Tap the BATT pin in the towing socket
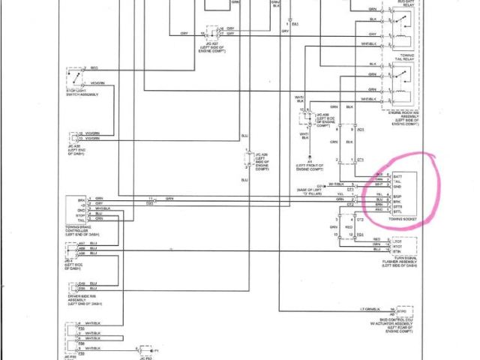point(398,174)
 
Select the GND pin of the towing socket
point(398,186)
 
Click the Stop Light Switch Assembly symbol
point(74,78)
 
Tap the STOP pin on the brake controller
point(82,213)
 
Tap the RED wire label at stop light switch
point(94,67)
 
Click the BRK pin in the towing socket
point(398,202)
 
